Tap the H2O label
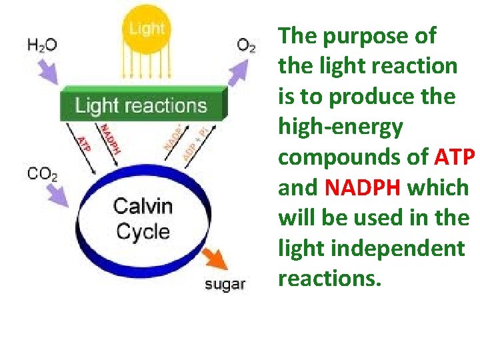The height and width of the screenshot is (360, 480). click(x=42, y=45)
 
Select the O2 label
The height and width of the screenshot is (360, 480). click(x=246, y=45)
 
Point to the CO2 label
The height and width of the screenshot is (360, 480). click(x=42, y=175)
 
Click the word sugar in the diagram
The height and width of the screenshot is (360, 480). click(x=225, y=285)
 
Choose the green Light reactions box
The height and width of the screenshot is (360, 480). click(x=141, y=105)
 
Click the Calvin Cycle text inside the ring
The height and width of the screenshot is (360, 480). click(x=142, y=218)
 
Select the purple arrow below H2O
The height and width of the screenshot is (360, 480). click(x=51, y=69)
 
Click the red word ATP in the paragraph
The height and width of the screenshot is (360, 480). click(x=455, y=157)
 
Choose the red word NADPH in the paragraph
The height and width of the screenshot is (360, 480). click(x=363, y=188)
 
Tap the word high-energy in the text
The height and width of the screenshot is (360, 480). click(x=340, y=127)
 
